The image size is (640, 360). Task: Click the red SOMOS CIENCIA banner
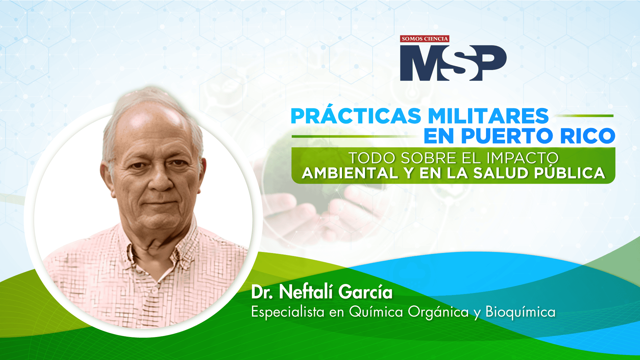[x=425, y=39]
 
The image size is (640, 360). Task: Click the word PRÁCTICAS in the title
[x=356, y=115]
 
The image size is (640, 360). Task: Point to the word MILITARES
[x=488, y=116]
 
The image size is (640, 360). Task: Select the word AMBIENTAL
[x=350, y=173]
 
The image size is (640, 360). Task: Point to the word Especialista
[x=288, y=312]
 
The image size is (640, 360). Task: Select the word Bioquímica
[x=521, y=312]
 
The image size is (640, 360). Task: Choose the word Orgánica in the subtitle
[x=438, y=312]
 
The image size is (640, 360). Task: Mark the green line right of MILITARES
[x=584, y=116]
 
